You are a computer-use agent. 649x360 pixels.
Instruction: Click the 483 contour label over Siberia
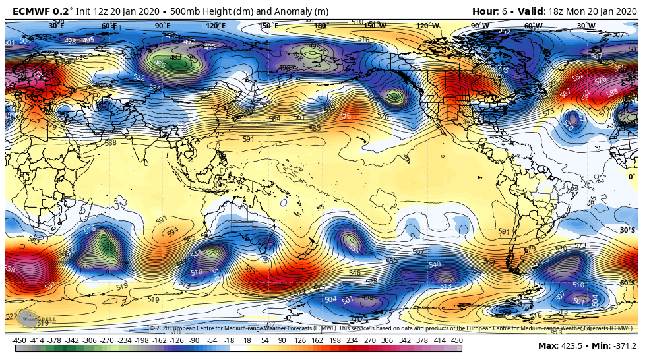pos(175,57)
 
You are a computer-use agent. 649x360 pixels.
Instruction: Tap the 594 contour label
pos(172,232)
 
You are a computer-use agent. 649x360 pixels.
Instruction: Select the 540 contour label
pos(434,264)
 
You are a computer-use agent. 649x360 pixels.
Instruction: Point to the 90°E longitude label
pos(162,26)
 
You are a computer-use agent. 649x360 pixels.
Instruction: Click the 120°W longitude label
pos(427,26)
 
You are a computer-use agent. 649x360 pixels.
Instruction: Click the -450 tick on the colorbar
pos(19,340)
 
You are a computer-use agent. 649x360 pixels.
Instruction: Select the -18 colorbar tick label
pos(229,340)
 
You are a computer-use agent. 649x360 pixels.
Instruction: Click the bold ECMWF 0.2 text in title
pos(41,11)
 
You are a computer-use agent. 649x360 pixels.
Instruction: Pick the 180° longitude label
pos(321,26)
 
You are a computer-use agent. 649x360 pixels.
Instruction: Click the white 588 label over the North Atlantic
pos(612,92)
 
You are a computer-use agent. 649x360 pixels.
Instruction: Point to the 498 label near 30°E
pos(70,40)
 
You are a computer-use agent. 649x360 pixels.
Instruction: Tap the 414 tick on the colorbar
pos(439,340)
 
